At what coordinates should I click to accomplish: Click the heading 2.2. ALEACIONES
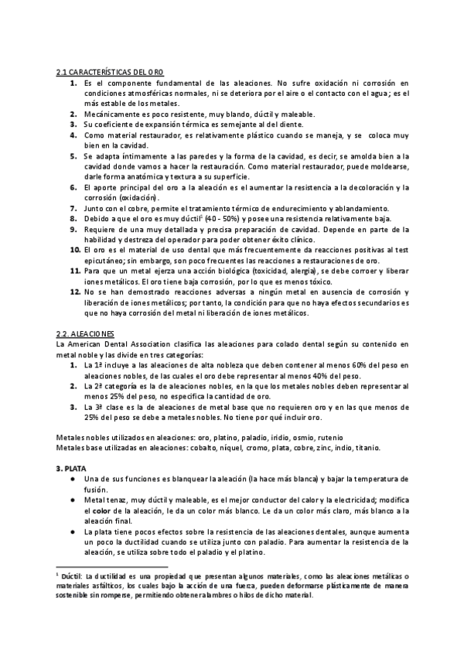click(x=86, y=332)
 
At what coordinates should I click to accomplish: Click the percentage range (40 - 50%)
click(x=215, y=219)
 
